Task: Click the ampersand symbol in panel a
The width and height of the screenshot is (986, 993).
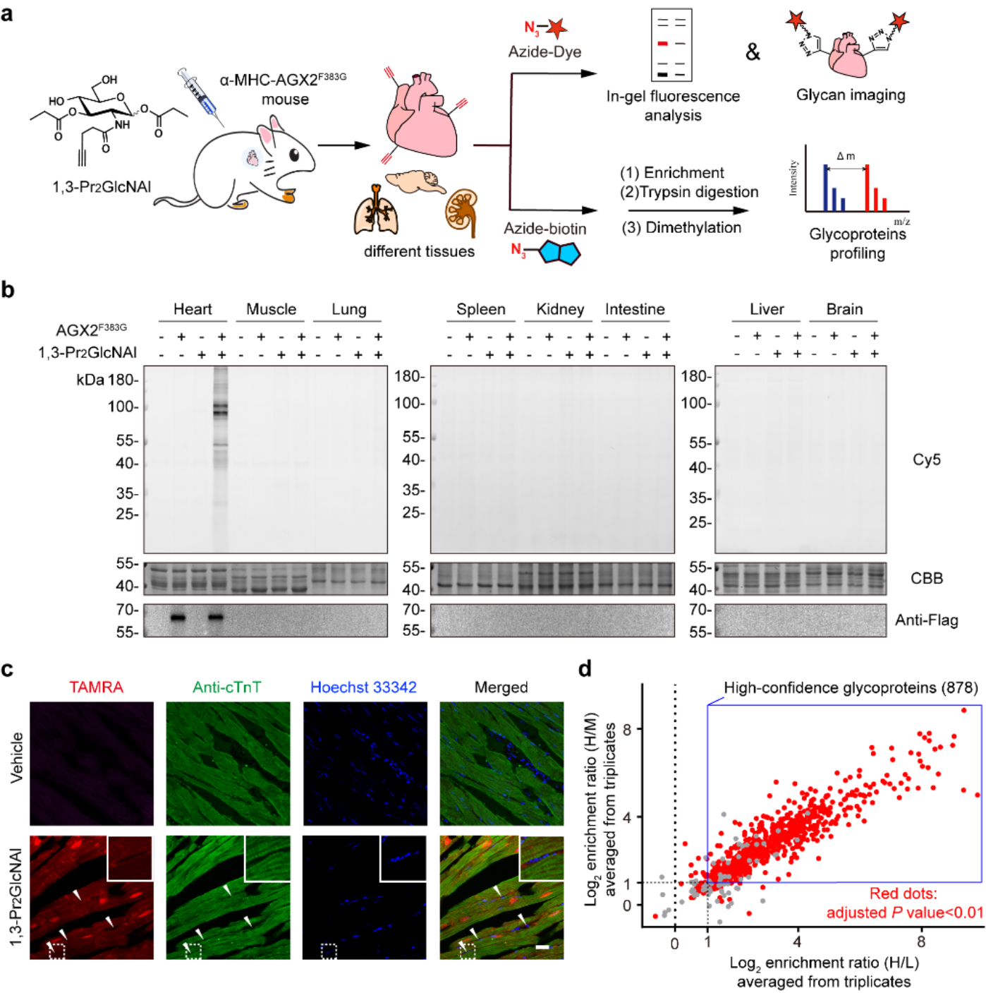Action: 753,52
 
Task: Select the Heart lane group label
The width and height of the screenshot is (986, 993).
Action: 193,309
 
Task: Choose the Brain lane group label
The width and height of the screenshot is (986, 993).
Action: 844,309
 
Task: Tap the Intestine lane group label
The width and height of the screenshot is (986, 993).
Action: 635,309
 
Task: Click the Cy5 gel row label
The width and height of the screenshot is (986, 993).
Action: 926,459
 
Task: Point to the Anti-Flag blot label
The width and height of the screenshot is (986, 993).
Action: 926,620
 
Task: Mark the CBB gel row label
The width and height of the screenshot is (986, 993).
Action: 926,578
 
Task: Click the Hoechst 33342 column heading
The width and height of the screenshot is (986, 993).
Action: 363,687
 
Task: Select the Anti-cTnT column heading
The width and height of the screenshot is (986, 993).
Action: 227,687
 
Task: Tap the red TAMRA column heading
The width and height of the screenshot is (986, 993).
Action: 96,687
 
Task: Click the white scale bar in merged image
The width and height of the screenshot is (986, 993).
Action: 542,946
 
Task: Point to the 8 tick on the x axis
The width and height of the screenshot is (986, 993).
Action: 921,941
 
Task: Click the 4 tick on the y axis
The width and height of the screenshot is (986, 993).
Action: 628,817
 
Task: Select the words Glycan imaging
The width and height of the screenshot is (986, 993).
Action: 851,95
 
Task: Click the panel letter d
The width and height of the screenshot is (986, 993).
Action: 585,668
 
